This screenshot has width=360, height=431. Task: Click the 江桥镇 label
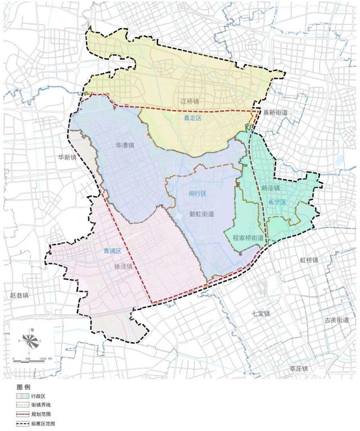click(x=190, y=102)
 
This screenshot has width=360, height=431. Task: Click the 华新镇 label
click(x=67, y=158)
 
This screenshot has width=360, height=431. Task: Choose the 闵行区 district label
click(x=197, y=193)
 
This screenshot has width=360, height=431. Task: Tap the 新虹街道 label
click(x=201, y=214)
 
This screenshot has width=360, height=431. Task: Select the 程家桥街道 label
click(x=248, y=238)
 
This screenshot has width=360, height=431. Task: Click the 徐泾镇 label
click(x=122, y=266)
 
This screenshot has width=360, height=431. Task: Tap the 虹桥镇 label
click(x=309, y=260)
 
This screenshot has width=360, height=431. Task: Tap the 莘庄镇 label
click(x=299, y=369)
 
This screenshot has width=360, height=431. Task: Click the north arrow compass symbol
click(x=32, y=340)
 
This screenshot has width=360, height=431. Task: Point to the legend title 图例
click(x=24, y=388)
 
